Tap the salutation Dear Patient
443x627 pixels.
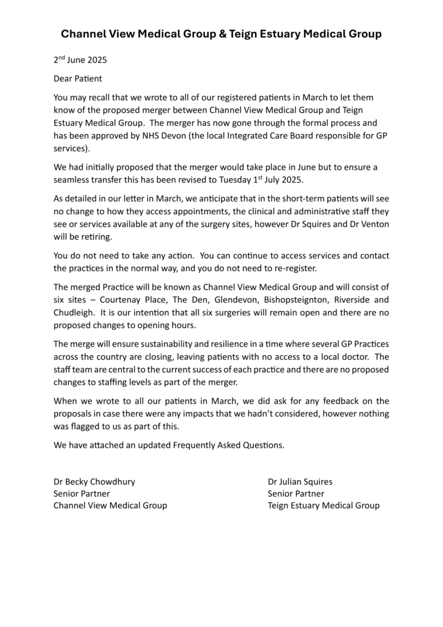click(x=78, y=79)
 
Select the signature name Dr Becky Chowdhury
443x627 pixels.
click(x=94, y=481)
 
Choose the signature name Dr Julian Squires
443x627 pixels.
click(x=300, y=481)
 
